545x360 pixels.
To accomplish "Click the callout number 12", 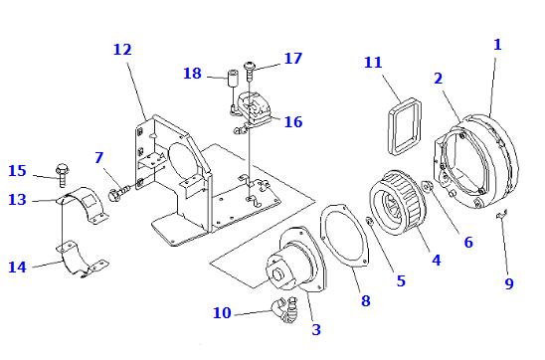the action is point(122,50).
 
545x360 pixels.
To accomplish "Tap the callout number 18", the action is point(192,74).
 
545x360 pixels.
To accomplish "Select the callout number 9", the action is point(509,283).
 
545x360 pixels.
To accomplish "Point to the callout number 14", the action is point(17,267).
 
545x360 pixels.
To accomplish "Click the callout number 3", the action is point(316,329).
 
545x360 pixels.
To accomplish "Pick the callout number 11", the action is point(373,63).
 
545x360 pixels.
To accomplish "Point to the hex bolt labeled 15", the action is point(62,175).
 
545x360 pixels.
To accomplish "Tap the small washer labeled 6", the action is point(427,186).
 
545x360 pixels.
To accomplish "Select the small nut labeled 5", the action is point(370,221).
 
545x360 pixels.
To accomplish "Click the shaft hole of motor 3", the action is point(278,274).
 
